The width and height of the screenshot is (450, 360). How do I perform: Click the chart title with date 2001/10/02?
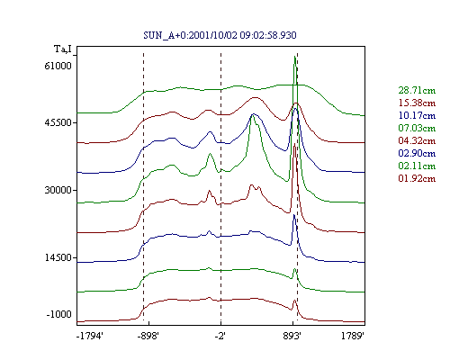tap(220, 35)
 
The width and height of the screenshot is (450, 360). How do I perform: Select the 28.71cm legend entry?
tap(417, 90)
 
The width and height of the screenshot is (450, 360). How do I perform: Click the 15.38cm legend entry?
tap(417, 103)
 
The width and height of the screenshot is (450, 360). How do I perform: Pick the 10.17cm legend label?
tap(417, 115)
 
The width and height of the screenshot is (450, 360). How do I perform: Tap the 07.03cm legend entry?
tap(417, 128)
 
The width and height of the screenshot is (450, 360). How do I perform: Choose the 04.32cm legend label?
tap(417, 140)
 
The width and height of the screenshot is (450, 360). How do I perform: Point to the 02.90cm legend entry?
tap(417, 153)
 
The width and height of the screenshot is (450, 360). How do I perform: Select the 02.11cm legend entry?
tap(417, 166)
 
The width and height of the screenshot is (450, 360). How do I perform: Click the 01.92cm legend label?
tap(417, 178)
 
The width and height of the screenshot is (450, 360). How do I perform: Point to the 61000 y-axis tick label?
tap(58, 66)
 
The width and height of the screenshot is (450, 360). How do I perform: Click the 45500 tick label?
tap(58, 122)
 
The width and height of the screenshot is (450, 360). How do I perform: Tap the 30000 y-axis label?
tap(58, 190)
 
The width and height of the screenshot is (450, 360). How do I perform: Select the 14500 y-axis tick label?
tap(58, 257)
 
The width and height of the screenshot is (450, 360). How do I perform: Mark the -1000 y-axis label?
tap(58, 314)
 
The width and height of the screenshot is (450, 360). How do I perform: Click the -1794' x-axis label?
tap(90, 337)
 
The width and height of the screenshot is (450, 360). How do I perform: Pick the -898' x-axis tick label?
tap(148, 337)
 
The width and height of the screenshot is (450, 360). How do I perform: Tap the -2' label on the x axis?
tap(220, 337)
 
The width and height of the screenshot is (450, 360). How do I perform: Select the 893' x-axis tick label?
tap(292, 337)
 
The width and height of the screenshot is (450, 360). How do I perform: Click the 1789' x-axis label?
tap(353, 337)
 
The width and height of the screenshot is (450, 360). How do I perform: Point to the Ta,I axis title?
tap(63, 49)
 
